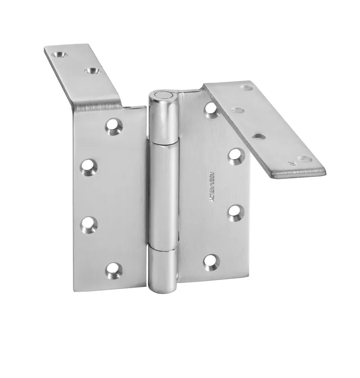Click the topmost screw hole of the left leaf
pos(114,126)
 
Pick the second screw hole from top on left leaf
pos(89,166)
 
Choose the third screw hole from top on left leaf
pos(89,223)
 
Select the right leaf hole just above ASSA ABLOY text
pos(236,156)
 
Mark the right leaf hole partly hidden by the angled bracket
pos(211,109)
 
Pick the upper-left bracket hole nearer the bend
pos(92,71)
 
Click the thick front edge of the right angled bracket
pos(297,174)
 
